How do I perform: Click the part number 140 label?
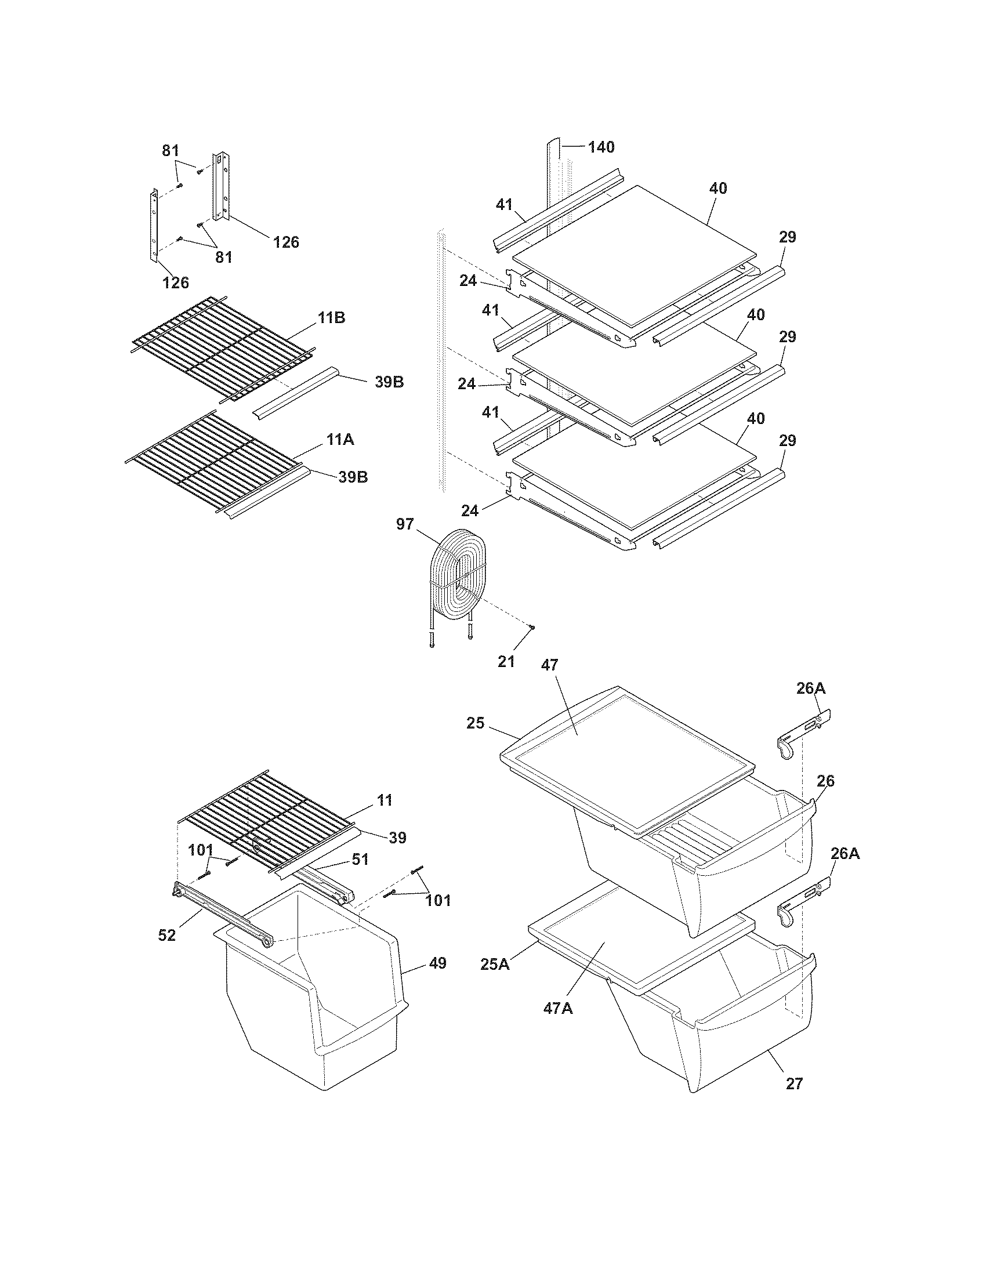(601, 147)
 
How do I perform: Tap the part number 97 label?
(405, 524)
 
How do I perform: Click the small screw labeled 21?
(532, 628)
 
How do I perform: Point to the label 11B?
(331, 318)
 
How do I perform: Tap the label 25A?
(495, 964)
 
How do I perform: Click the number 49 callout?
(437, 963)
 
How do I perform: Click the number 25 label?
(476, 723)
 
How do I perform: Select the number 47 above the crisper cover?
(550, 664)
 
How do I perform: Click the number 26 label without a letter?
(826, 781)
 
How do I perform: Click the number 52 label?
(166, 935)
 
